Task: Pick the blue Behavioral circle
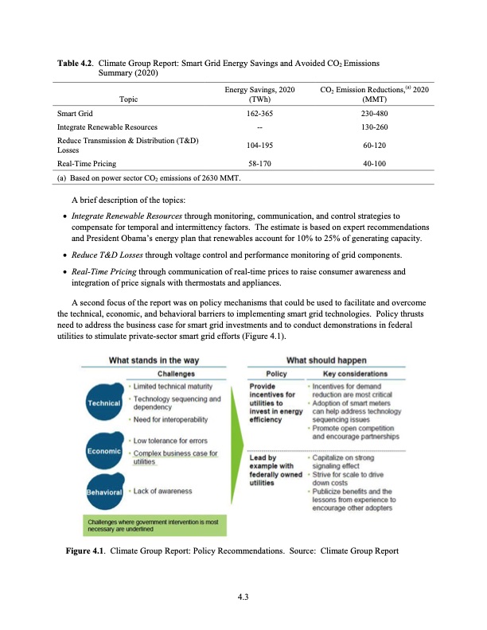pyautogui.click(x=103, y=492)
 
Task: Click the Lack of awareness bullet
pyautogui.click(x=162, y=492)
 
